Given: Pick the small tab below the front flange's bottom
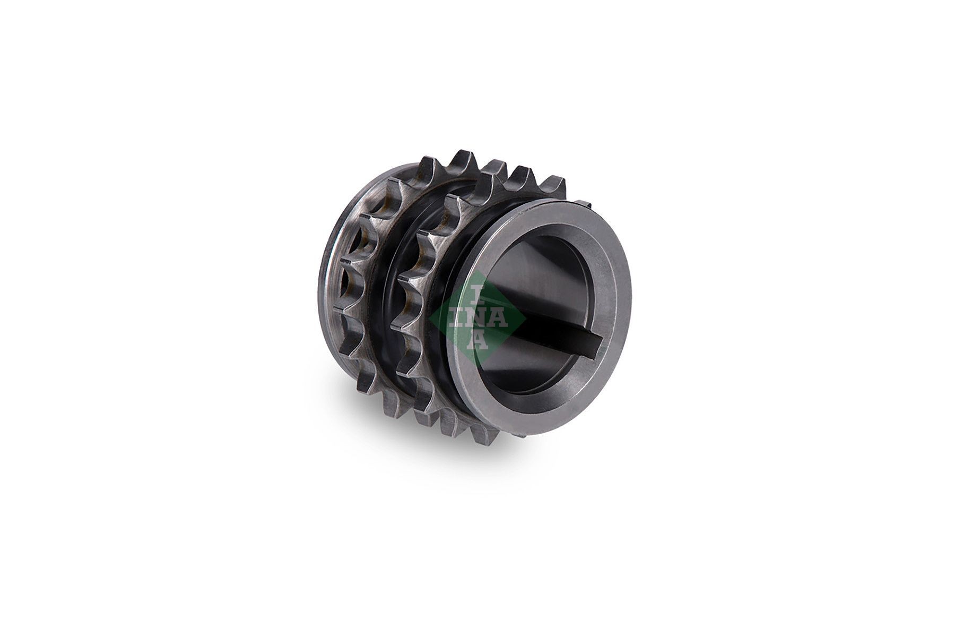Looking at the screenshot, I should point(523,436).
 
